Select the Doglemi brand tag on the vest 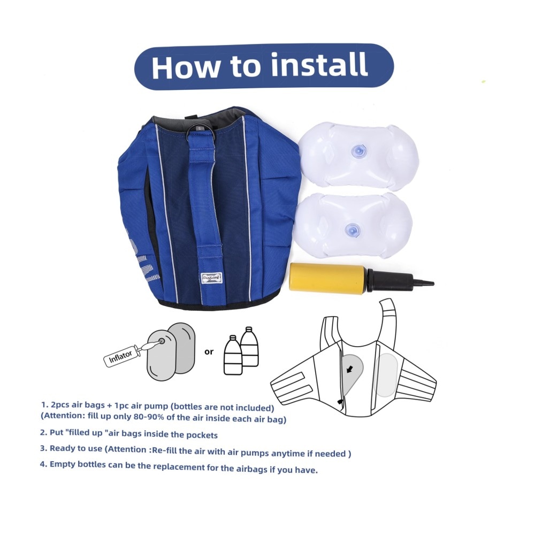click(211, 278)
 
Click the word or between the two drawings click(209, 351)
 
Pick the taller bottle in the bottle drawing click(249, 346)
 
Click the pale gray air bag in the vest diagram click(386, 375)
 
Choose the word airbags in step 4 click(251, 469)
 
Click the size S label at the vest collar click(199, 128)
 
